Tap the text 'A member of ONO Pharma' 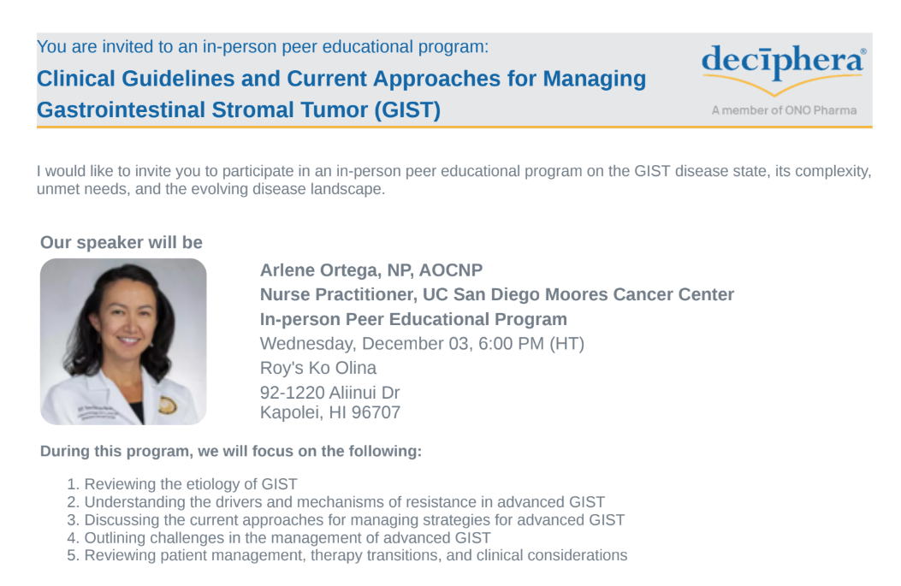[784, 110]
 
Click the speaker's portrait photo [123, 341]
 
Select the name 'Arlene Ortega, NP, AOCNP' [371, 270]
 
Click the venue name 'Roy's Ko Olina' [317, 368]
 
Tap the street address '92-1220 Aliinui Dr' [329, 393]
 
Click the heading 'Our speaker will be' [122, 242]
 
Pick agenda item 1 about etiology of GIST [182, 483]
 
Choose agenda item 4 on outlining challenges [279, 538]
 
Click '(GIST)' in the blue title [407, 110]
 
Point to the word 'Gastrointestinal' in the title [121, 110]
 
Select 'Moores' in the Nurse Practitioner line [577, 294]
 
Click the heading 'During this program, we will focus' [195, 451]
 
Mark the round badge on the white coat [167, 405]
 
